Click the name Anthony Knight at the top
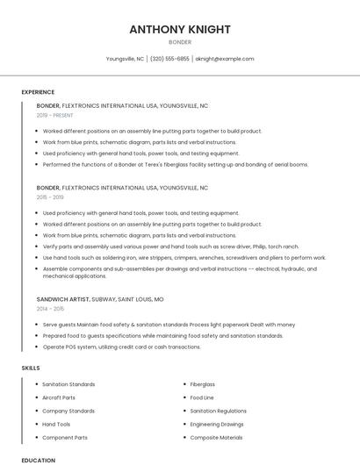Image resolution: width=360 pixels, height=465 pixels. (x=179, y=29)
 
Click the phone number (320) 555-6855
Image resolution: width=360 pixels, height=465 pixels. (x=169, y=59)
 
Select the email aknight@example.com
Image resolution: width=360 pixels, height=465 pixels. (x=225, y=59)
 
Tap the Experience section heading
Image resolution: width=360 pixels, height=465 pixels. (x=38, y=92)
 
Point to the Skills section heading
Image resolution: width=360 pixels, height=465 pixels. (x=31, y=368)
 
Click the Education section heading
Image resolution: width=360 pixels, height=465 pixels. (x=38, y=460)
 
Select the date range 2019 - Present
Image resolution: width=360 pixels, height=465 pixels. (x=55, y=115)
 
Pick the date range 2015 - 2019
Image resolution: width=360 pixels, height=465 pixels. (x=51, y=197)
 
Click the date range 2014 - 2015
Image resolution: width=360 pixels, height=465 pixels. (x=51, y=309)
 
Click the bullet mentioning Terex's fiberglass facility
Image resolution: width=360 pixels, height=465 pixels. (x=176, y=164)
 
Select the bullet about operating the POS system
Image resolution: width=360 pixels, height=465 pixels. (x=122, y=347)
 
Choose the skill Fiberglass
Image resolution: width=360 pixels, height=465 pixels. (x=203, y=384)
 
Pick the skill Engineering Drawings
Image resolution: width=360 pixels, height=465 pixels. (x=217, y=424)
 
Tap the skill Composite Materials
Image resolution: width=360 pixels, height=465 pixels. (x=216, y=437)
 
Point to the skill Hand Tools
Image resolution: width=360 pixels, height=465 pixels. (x=56, y=424)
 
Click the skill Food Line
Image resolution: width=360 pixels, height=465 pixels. (x=202, y=397)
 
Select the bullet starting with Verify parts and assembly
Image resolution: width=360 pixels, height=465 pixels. (x=171, y=247)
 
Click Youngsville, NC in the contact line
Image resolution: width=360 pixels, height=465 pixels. (x=125, y=59)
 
